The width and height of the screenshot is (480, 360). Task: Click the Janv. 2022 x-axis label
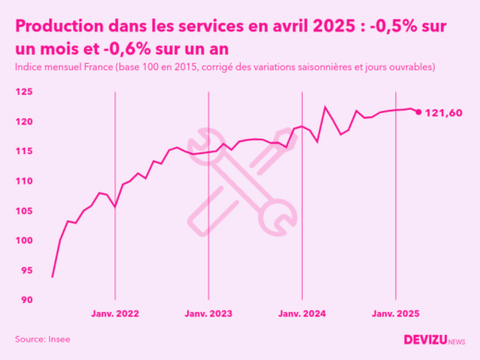(x=114, y=315)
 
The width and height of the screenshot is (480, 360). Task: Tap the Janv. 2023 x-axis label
(x=209, y=315)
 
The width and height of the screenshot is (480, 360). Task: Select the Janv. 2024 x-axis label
(x=302, y=315)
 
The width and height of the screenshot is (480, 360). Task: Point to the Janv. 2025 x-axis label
(x=396, y=315)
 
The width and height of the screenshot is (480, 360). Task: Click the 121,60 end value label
(x=443, y=113)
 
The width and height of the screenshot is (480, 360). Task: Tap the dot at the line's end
(x=418, y=113)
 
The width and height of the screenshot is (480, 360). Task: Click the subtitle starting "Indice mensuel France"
(x=224, y=68)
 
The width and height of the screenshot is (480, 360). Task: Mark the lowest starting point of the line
(x=52, y=277)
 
